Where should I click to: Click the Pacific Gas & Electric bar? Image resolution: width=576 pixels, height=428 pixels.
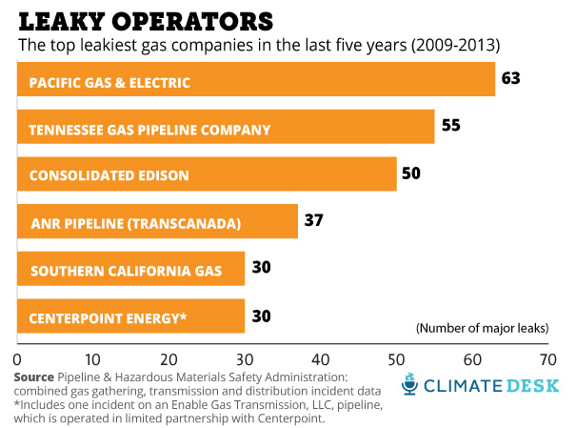256,81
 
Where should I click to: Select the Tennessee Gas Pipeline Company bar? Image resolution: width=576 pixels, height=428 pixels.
226,128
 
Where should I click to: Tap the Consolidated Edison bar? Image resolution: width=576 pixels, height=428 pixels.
207,174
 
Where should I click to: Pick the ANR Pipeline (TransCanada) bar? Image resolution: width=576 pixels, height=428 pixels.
157,222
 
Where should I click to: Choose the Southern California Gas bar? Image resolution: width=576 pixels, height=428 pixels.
130,269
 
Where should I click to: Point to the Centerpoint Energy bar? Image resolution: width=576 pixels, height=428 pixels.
130,316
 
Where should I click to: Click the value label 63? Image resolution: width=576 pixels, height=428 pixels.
511,79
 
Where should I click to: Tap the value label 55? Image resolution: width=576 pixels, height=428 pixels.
450,126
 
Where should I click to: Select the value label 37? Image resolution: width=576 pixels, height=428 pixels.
314,220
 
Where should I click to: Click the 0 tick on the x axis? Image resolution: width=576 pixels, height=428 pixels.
17,360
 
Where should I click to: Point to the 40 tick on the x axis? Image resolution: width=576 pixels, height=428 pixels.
320,360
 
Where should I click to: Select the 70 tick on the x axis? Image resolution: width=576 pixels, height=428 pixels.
546,360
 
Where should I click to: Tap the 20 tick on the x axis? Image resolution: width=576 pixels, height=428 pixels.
169,360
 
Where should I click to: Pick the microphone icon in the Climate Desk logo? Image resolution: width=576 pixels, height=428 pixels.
410,384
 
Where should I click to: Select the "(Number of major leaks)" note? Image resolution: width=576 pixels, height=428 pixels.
482,328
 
